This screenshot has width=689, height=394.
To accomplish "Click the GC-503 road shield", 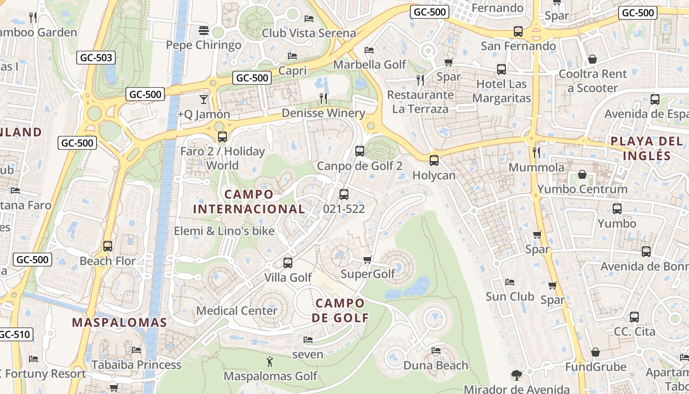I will coord(96,58).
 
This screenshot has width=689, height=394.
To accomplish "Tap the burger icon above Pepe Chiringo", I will coord(204,30).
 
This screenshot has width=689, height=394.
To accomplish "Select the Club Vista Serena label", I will coord(309,33).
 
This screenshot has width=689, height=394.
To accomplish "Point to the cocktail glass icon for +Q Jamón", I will coord(204,99).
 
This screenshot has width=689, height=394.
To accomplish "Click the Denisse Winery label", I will coord(323,113).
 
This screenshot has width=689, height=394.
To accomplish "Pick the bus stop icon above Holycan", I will coord(434,160).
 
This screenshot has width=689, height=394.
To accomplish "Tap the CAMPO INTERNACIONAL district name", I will coord(249,201).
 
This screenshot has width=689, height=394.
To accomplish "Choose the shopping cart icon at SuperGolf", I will coord(367,260).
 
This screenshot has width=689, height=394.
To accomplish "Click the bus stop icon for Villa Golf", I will coord(288,263).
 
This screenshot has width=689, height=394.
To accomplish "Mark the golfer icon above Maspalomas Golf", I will coord(270,362).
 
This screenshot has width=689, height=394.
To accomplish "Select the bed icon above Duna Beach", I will coord(436,351).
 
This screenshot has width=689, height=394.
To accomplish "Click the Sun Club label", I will coord(509,296).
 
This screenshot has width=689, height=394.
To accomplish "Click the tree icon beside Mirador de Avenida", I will coord(516,375).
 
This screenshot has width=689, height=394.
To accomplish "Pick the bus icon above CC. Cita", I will coord(634,317).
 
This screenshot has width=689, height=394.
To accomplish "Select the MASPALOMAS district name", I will coord(120,323).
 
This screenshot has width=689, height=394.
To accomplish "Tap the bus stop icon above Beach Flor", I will coord(108,246).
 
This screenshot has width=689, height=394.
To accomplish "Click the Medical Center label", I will coord(237,311).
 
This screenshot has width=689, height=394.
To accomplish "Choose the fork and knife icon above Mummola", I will coord(536,153).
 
